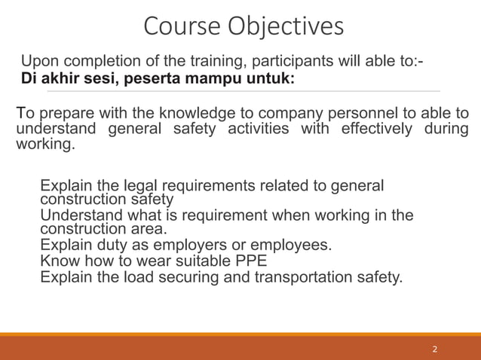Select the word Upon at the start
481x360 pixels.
[x=37, y=61]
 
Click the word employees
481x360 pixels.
[x=294, y=246]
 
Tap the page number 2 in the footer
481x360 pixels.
[x=434, y=349]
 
